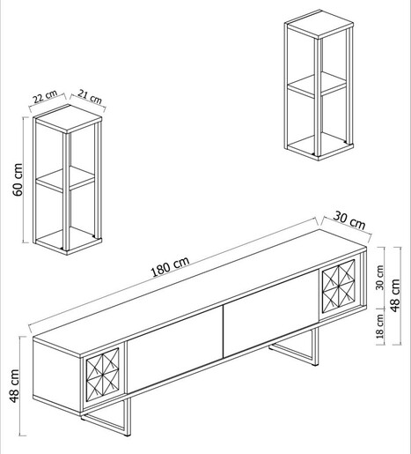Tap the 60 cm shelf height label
(x=18, y=179)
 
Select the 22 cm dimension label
(x=45, y=96)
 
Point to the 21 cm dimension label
(x=90, y=96)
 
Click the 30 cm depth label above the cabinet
(x=349, y=220)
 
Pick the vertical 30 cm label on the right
(x=379, y=278)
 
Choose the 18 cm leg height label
(x=380, y=326)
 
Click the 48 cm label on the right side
(x=395, y=295)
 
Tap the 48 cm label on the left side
(x=14, y=386)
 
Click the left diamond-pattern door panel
(x=103, y=373)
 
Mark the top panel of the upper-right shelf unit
(x=319, y=24)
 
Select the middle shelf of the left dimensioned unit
(x=65, y=179)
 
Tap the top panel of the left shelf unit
(x=68, y=119)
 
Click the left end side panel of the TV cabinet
(x=57, y=376)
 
